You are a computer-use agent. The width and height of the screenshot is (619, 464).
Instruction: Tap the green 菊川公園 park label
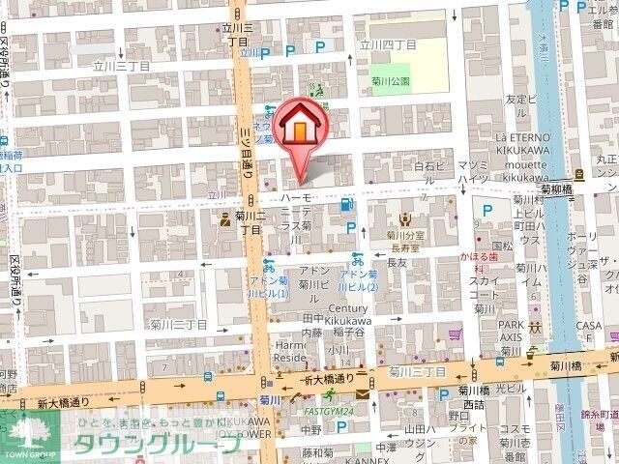[x=390, y=81]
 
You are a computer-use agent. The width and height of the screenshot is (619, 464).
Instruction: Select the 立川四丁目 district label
[x=388, y=43]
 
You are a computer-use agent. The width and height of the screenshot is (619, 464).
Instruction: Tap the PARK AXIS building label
[x=511, y=331]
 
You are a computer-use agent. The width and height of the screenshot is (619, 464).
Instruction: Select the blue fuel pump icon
[x=346, y=204]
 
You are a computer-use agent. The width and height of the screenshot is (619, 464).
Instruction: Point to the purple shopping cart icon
[x=455, y=336]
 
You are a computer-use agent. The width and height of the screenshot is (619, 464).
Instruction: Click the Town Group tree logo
[x=29, y=431]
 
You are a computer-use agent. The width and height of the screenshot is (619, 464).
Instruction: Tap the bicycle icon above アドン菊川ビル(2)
[x=357, y=258]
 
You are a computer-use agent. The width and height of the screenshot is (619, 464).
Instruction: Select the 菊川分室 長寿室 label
[x=406, y=240]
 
